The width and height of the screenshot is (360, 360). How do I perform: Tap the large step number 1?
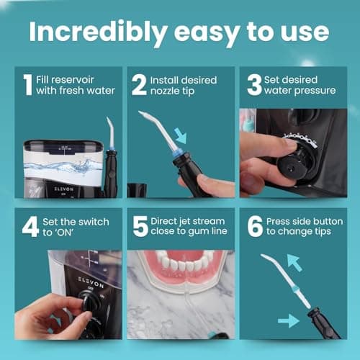tap(28, 85)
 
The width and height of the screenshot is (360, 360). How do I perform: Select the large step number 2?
tap(139, 85)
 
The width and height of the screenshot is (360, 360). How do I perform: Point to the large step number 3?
tap(254, 85)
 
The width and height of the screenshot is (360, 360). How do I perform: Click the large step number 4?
tap(30, 227)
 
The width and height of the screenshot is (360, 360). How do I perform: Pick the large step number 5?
tap(140, 227)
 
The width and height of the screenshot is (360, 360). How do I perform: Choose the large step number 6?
tap(255, 227)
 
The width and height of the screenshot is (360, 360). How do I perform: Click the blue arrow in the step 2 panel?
tap(181, 135)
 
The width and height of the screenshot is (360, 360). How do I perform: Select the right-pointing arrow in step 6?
tap(289, 320)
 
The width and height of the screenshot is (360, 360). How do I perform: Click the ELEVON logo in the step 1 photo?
tap(63, 189)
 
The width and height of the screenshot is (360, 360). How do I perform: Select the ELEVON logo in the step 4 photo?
tap(91, 282)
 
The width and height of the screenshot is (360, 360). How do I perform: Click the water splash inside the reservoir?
tap(63, 166)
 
